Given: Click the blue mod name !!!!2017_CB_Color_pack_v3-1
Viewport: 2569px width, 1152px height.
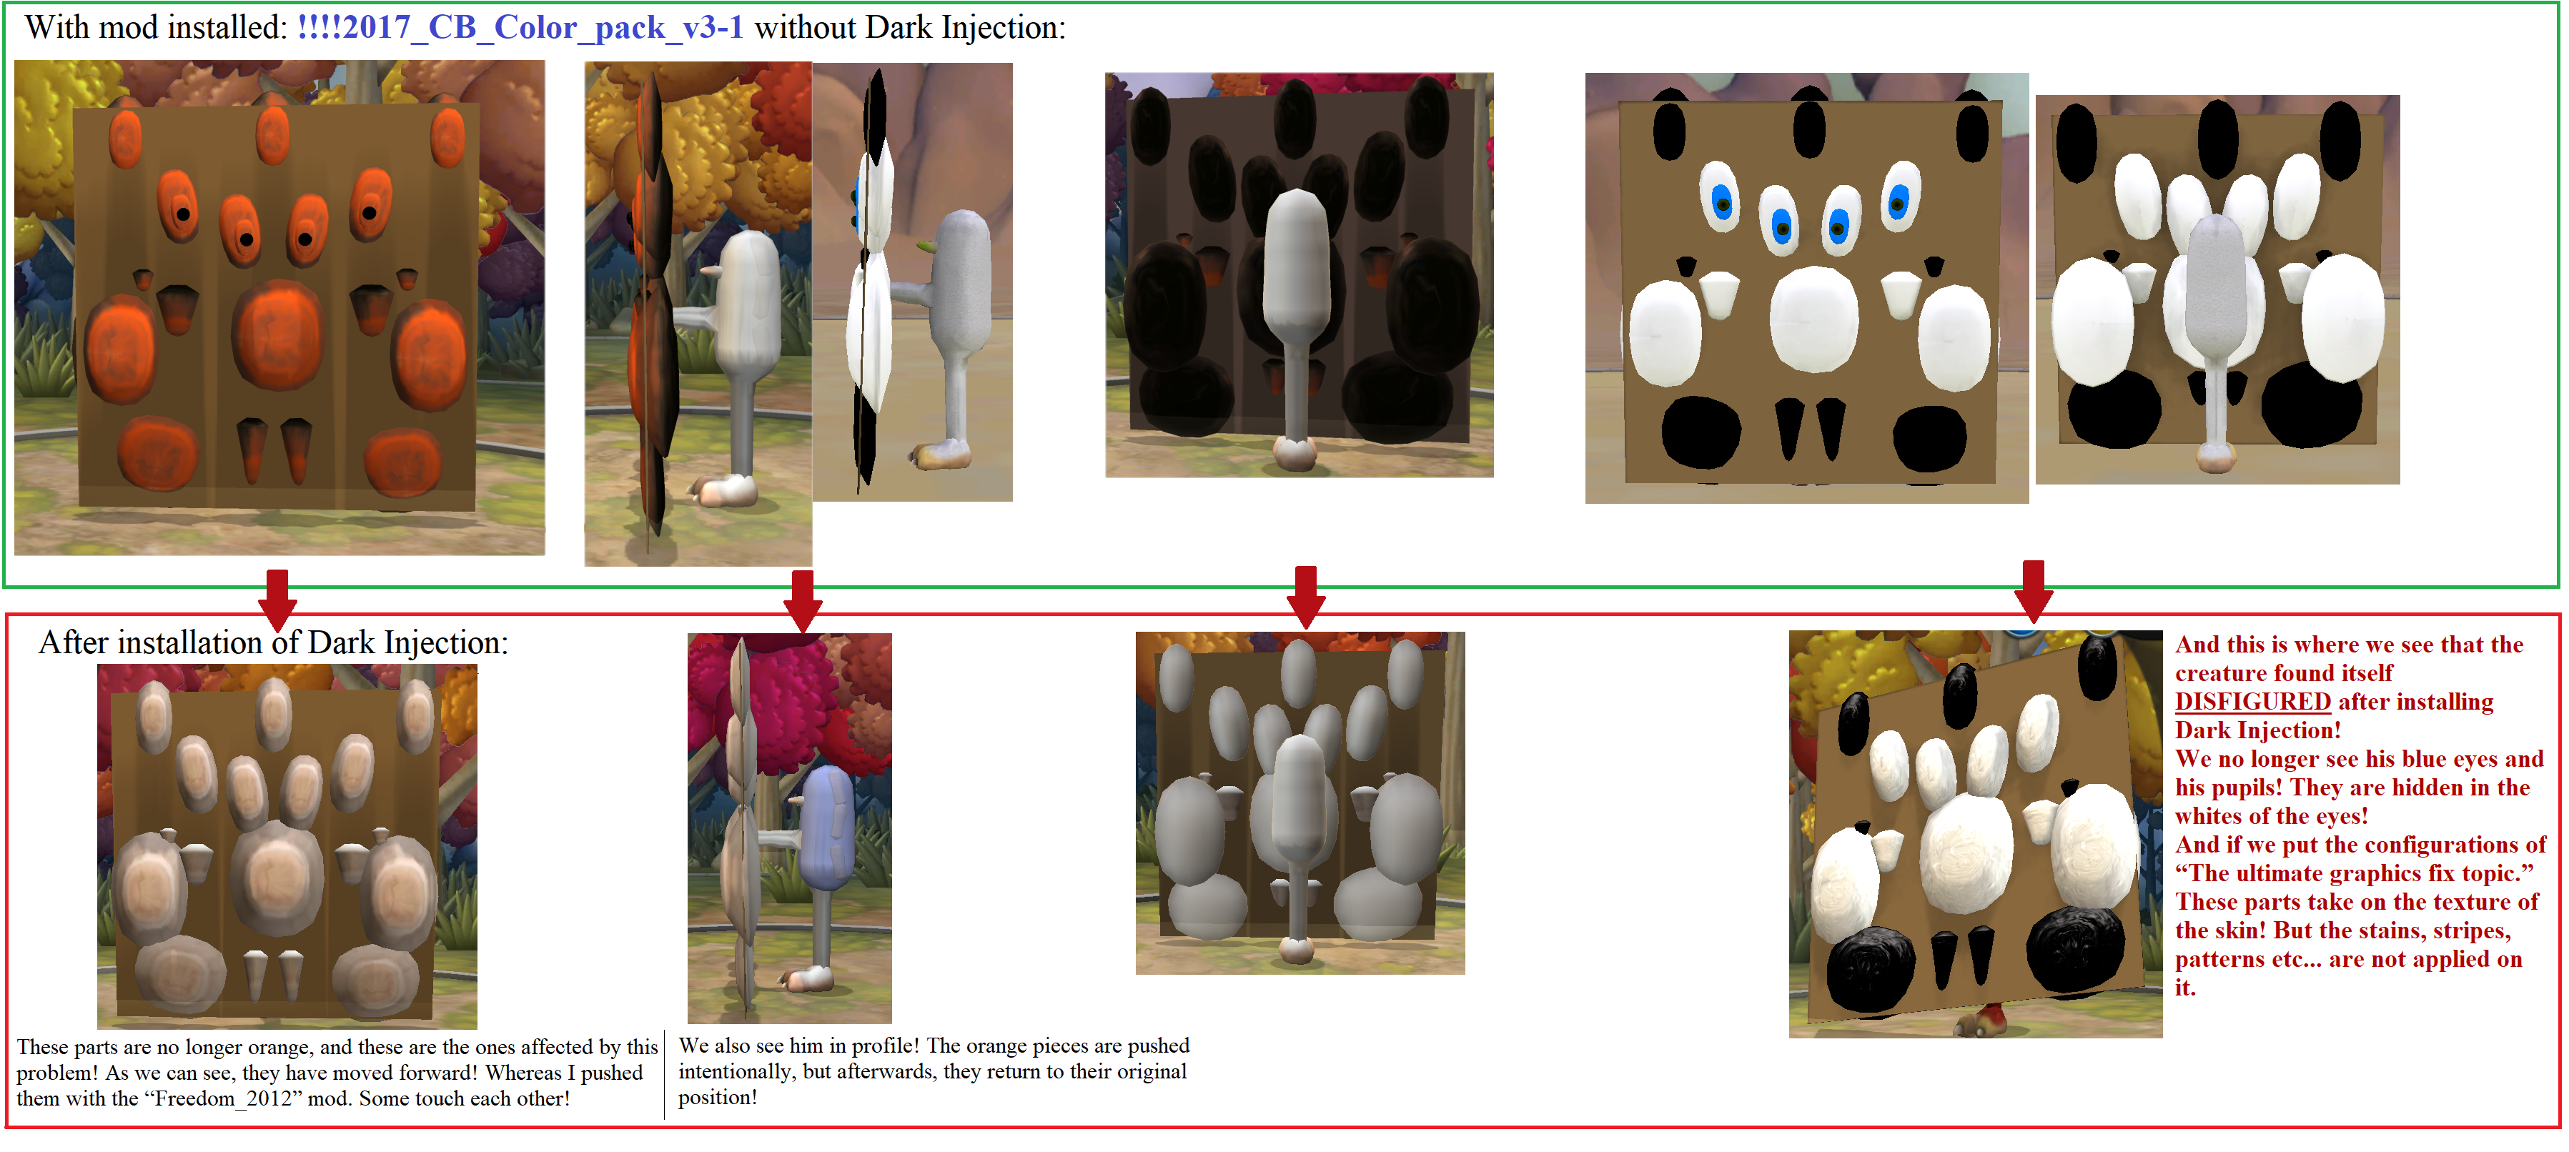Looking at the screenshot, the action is click(520, 27).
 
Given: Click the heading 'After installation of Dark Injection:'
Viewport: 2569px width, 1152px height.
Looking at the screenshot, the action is click(273, 642).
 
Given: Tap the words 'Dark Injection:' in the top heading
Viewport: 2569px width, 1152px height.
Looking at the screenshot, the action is click(966, 27).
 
